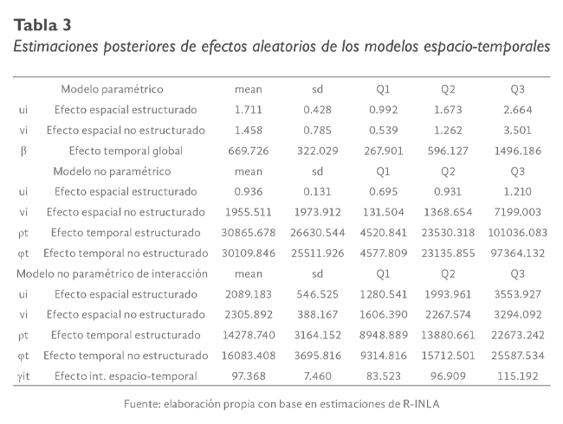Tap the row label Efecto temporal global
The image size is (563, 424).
tap(125, 151)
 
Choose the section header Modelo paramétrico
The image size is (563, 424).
tap(112, 89)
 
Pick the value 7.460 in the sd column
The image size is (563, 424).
tap(318, 376)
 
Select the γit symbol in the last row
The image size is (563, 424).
tap(23, 376)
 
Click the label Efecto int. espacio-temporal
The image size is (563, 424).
tap(125, 376)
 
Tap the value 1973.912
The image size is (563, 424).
tap(318, 212)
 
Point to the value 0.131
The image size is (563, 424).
tap(318, 191)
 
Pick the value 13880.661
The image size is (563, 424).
tap(448, 335)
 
